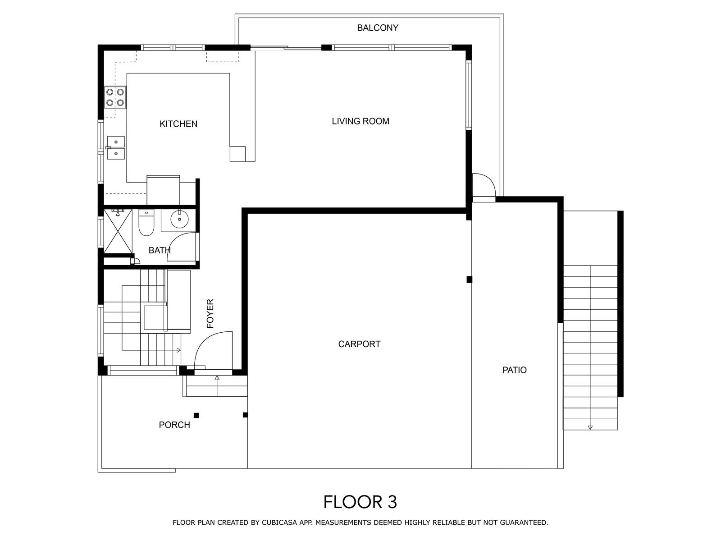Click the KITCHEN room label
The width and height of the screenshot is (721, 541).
pos(178,124)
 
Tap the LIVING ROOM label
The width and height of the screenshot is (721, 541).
pos(360,121)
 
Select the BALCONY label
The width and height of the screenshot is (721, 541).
pos(378,28)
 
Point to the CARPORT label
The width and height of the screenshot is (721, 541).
pos(359,344)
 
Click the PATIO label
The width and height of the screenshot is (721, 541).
pos(515,370)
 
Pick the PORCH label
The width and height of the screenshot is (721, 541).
pos(174,425)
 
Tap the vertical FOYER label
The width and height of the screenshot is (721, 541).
pos(210,313)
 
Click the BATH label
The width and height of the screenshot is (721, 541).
pos(160,250)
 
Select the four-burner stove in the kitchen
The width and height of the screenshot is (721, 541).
pos(115,97)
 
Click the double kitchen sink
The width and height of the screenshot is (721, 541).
pos(115,148)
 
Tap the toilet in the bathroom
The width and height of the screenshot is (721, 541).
pos(146,222)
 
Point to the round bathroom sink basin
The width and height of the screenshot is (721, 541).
pos(179,219)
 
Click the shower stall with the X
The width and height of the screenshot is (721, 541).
pos(118,231)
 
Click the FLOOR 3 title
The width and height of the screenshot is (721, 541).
pos(360,502)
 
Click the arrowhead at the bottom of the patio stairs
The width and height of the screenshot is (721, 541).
pos(590,428)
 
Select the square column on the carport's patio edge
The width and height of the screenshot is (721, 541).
pos(470,280)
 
